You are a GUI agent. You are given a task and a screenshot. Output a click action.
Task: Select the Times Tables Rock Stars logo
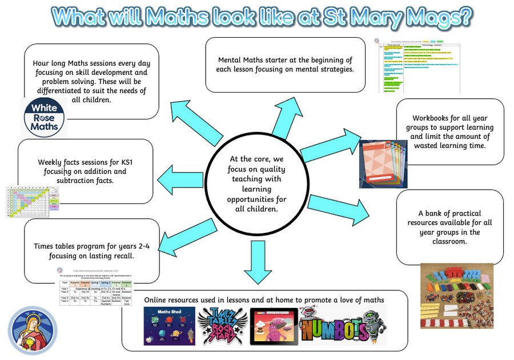pos(223,326)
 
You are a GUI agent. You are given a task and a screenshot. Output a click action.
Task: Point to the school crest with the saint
pos(33,331)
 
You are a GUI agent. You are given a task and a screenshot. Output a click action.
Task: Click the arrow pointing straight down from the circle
pos(254,259)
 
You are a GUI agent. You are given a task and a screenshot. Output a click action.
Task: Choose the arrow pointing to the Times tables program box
pos(186,234)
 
